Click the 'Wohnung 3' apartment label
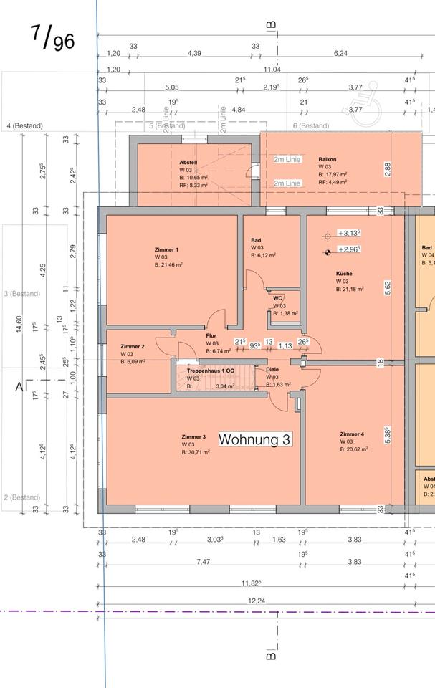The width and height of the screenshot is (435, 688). click(x=254, y=439)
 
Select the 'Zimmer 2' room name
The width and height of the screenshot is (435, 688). click(x=133, y=346)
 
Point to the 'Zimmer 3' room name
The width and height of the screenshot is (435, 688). click(x=193, y=436)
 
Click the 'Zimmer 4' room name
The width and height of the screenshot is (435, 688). click(x=352, y=434)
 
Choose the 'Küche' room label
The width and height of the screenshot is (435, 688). click(x=344, y=273)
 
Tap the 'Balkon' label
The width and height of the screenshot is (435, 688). click(x=328, y=159)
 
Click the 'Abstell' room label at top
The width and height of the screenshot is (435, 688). click(x=188, y=163)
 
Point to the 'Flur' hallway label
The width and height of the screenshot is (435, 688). click(x=211, y=335)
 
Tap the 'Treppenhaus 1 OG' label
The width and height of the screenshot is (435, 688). click(x=210, y=370)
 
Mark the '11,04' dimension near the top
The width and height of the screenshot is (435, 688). click(x=272, y=69)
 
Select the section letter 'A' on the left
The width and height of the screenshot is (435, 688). click(x=19, y=387)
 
